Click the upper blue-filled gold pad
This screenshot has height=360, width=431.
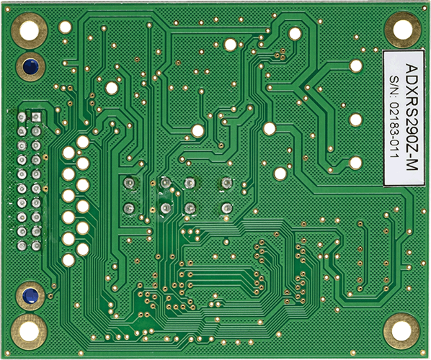point(30,66)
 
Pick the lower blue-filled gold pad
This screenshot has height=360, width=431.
point(30,295)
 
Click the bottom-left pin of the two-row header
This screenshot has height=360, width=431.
point(22,245)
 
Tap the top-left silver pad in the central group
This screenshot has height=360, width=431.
point(130,183)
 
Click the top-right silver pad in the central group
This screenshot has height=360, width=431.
point(226,183)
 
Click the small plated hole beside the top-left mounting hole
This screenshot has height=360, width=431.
point(66,28)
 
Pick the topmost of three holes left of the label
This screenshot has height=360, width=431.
point(355,66)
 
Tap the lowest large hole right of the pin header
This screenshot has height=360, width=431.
point(68,259)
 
